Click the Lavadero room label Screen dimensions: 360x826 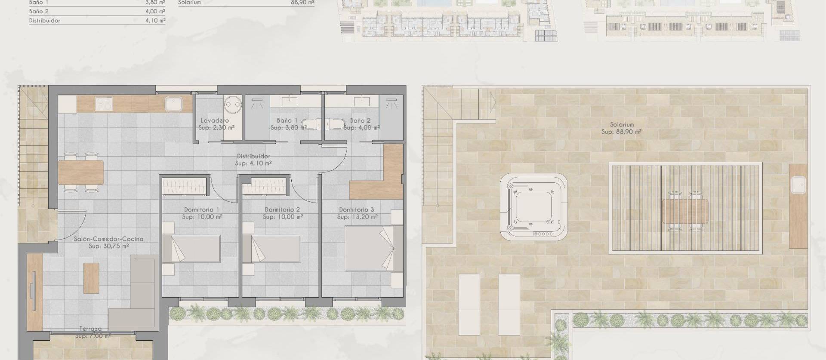tap(215, 120)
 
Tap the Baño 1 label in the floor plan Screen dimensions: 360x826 tap(287, 120)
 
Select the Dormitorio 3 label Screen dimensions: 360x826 tap(356, 210)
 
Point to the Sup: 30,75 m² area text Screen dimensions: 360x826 tap(108, 246)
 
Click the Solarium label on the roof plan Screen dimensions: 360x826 tap(622, 125)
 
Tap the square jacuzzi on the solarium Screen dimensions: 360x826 tap(533, 207)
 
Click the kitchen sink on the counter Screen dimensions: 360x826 tap(174, 104)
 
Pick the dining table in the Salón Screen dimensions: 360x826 tap(81, 172)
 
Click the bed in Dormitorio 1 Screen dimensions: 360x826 tap(191, 248)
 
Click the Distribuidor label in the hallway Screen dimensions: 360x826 tap(253, 156)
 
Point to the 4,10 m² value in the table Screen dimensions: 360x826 tap(155, 20)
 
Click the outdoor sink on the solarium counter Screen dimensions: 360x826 tap(798, 185)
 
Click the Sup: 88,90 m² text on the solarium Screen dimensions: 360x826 tap(622, 132)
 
